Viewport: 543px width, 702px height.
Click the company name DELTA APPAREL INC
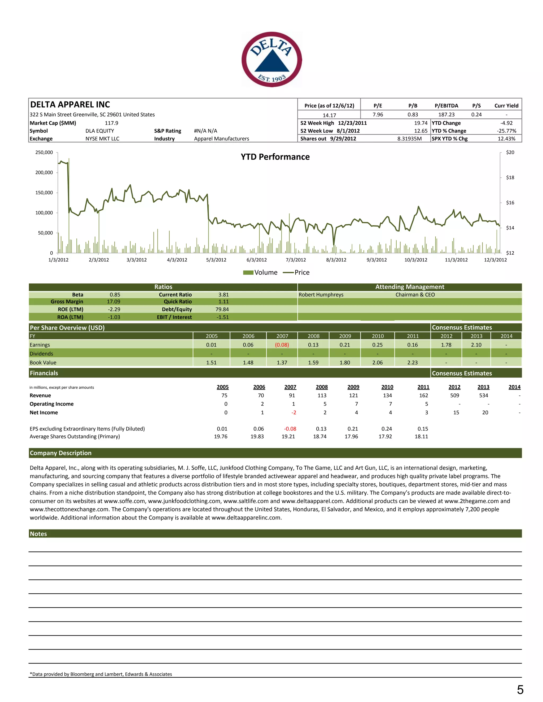point(70,104)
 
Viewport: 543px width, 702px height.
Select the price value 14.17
point(329,115)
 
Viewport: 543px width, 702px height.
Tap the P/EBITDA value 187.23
point(446,114)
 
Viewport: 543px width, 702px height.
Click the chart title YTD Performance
point(275,157)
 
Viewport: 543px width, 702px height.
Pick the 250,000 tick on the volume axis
point(44,152)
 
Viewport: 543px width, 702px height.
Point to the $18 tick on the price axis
point(510,177)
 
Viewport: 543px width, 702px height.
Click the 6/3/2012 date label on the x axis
point(256,260)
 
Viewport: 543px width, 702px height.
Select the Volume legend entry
point(260,272)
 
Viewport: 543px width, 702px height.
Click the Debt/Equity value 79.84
point(222,309)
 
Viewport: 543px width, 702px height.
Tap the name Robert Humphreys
point(321,295)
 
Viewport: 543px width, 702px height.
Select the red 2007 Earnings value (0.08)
point(282,345)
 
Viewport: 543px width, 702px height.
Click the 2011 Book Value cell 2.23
point(412,363)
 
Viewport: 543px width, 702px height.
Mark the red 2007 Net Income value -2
point(294,412)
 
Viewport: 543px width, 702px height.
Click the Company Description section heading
point(61,453)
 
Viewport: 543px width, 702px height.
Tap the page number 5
point(520,690)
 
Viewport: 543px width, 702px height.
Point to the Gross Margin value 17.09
point(113,301)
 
